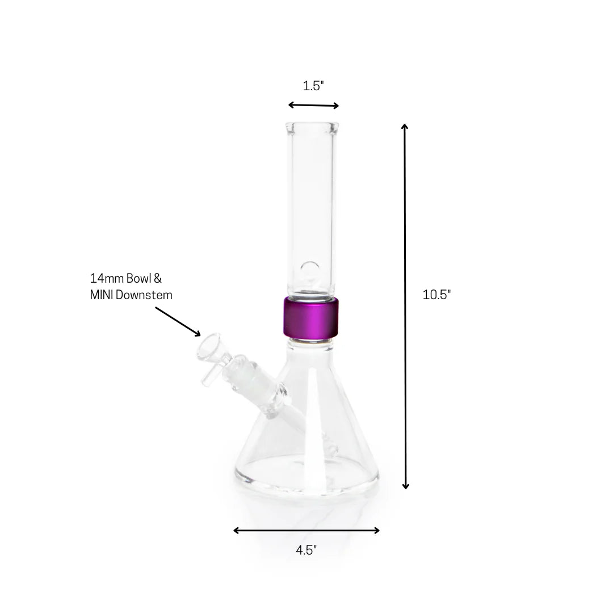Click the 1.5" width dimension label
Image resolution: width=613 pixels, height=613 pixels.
click(313, 86)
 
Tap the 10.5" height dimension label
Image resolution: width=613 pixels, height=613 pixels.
click(436, 295)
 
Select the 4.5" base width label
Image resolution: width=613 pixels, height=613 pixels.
click(306, 550)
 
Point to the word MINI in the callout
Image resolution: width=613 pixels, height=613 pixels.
click(102, 295)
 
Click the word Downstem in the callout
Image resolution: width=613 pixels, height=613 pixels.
click(144, 295)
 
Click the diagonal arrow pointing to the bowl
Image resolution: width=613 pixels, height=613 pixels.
click(178, 321)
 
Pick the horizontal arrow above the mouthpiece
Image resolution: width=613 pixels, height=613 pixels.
click(313, 105)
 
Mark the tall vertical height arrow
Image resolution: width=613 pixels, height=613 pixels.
click(405, 306)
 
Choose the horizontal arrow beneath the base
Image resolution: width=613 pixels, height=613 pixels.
click(306, 531)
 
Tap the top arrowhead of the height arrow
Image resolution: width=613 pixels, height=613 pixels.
click(405, 127)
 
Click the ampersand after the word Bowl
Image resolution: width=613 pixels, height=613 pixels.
click(158, 279)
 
